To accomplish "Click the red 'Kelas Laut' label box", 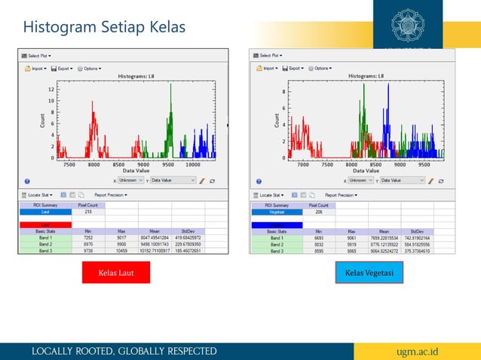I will click(116, 273).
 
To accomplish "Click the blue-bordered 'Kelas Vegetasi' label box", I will click(369, 273).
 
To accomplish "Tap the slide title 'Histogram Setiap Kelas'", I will click(104, 28).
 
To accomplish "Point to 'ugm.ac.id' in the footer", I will click(432, 351).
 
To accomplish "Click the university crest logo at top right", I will click(412, 25).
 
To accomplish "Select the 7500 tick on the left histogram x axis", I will click(69, 164).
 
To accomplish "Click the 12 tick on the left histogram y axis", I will click(51, 89).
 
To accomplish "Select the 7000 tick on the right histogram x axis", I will click(302, 164).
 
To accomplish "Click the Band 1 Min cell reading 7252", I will click(88, 238).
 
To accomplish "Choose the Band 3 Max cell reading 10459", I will click(121, 251).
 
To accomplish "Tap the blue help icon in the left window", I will click(27, 181).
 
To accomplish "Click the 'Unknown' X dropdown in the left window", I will click(131, 181).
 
